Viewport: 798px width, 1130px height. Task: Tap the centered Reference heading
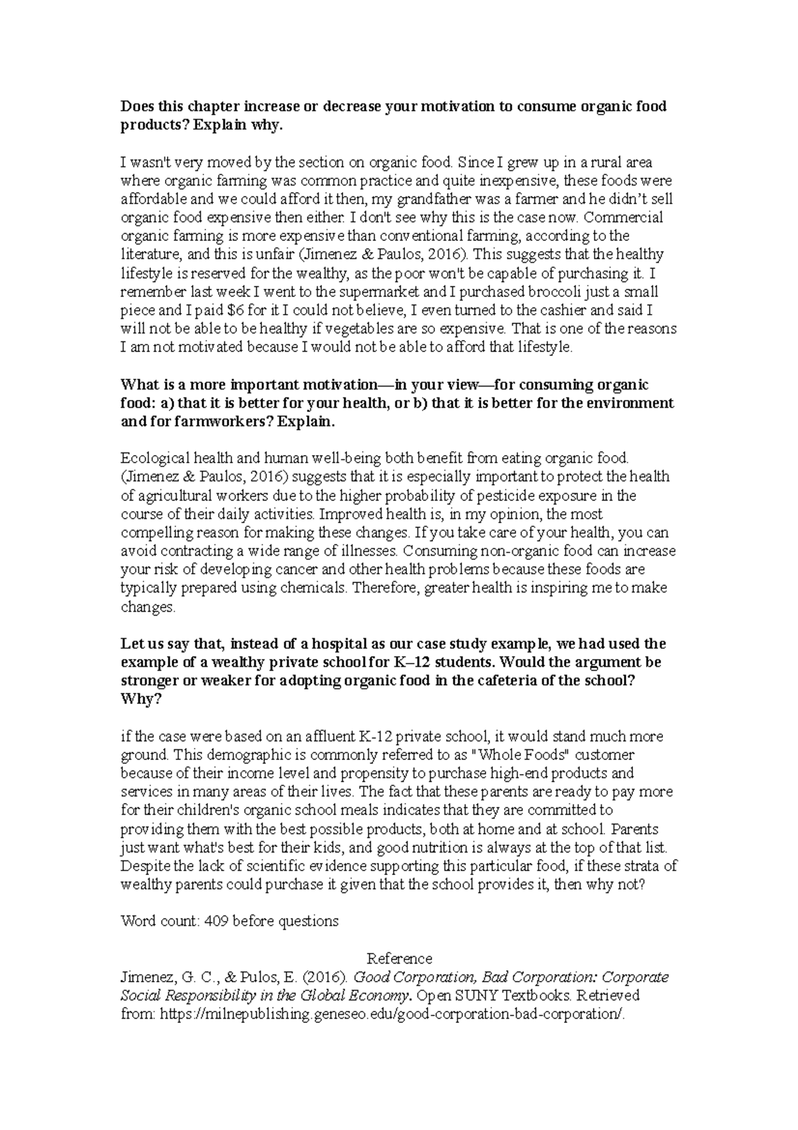coord(400,959)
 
